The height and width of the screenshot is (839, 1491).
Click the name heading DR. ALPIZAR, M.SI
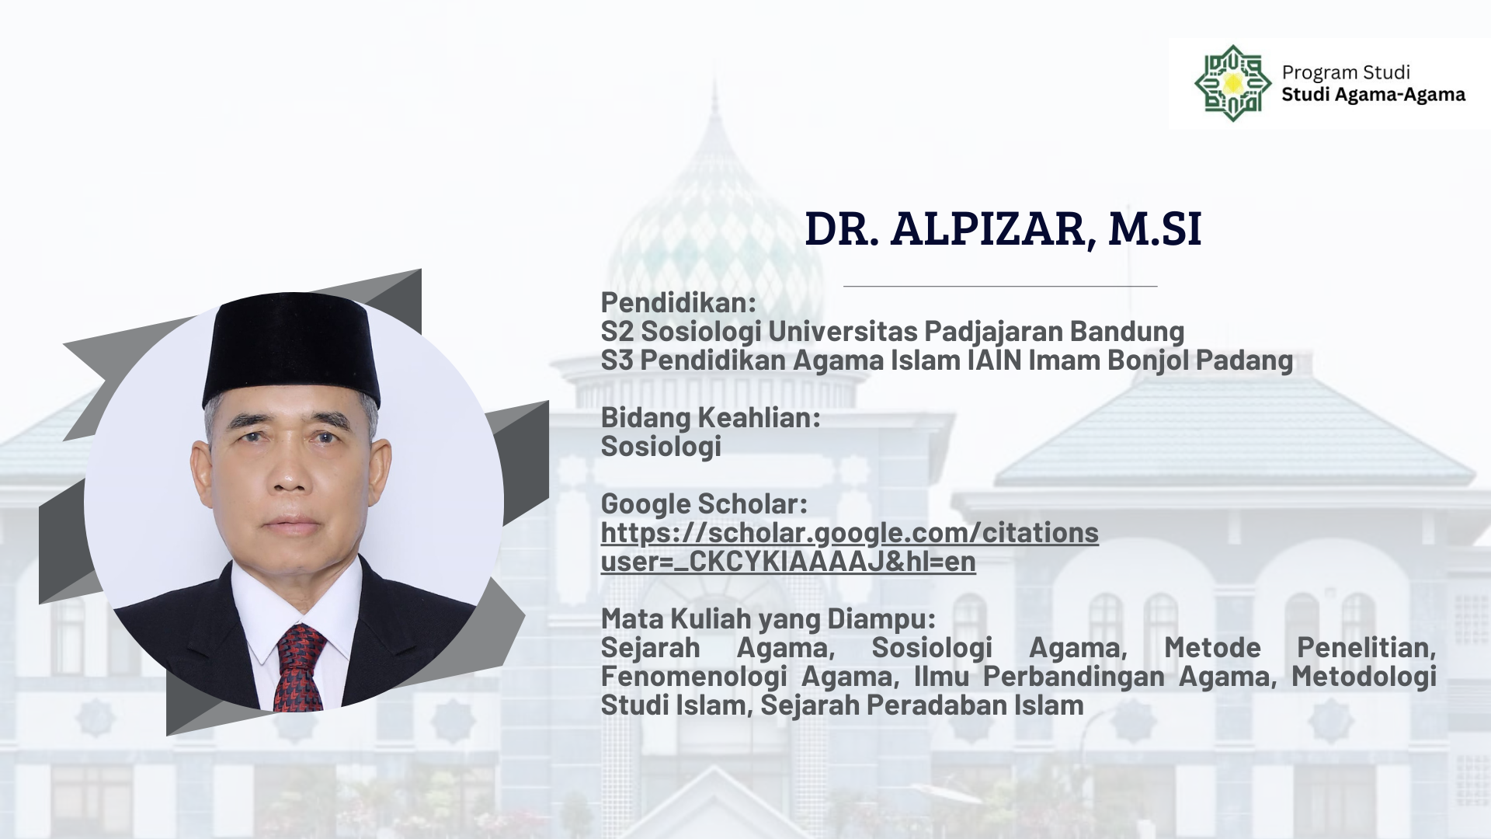pyautogui.click(x=1003, y=229)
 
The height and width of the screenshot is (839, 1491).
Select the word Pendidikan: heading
pyautogui.click(x=678, y=302)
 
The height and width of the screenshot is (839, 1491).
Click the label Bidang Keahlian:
pyautogui.click(x=711, y=417)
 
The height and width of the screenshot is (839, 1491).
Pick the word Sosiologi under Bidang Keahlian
pyautogui.click(x=661, y=447)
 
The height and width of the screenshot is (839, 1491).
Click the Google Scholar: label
pyautogui.click(x=704, y=503)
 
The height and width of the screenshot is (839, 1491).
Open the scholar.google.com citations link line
pyautogui.click(x=850, y=533)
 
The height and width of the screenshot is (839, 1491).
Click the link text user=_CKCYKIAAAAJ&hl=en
pyautogui.click(x=788, y=562)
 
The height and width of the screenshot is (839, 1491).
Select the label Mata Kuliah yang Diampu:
pyautogui.click(x=768, y=619)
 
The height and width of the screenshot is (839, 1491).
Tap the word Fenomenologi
pyautogui.click(x=694, y=677)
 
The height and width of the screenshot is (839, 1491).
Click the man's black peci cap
pyautogui.click(x=292, y=353)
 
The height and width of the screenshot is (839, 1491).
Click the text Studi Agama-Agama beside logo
pyautogui.click(x=1374, y=95)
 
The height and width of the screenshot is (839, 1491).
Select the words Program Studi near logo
pyautogui.click(x=1346, y=72)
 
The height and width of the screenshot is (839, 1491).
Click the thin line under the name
pyautogui.click(x=1000, y=287)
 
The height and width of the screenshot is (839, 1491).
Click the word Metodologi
pyautogui.click(x=1364, y=677)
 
